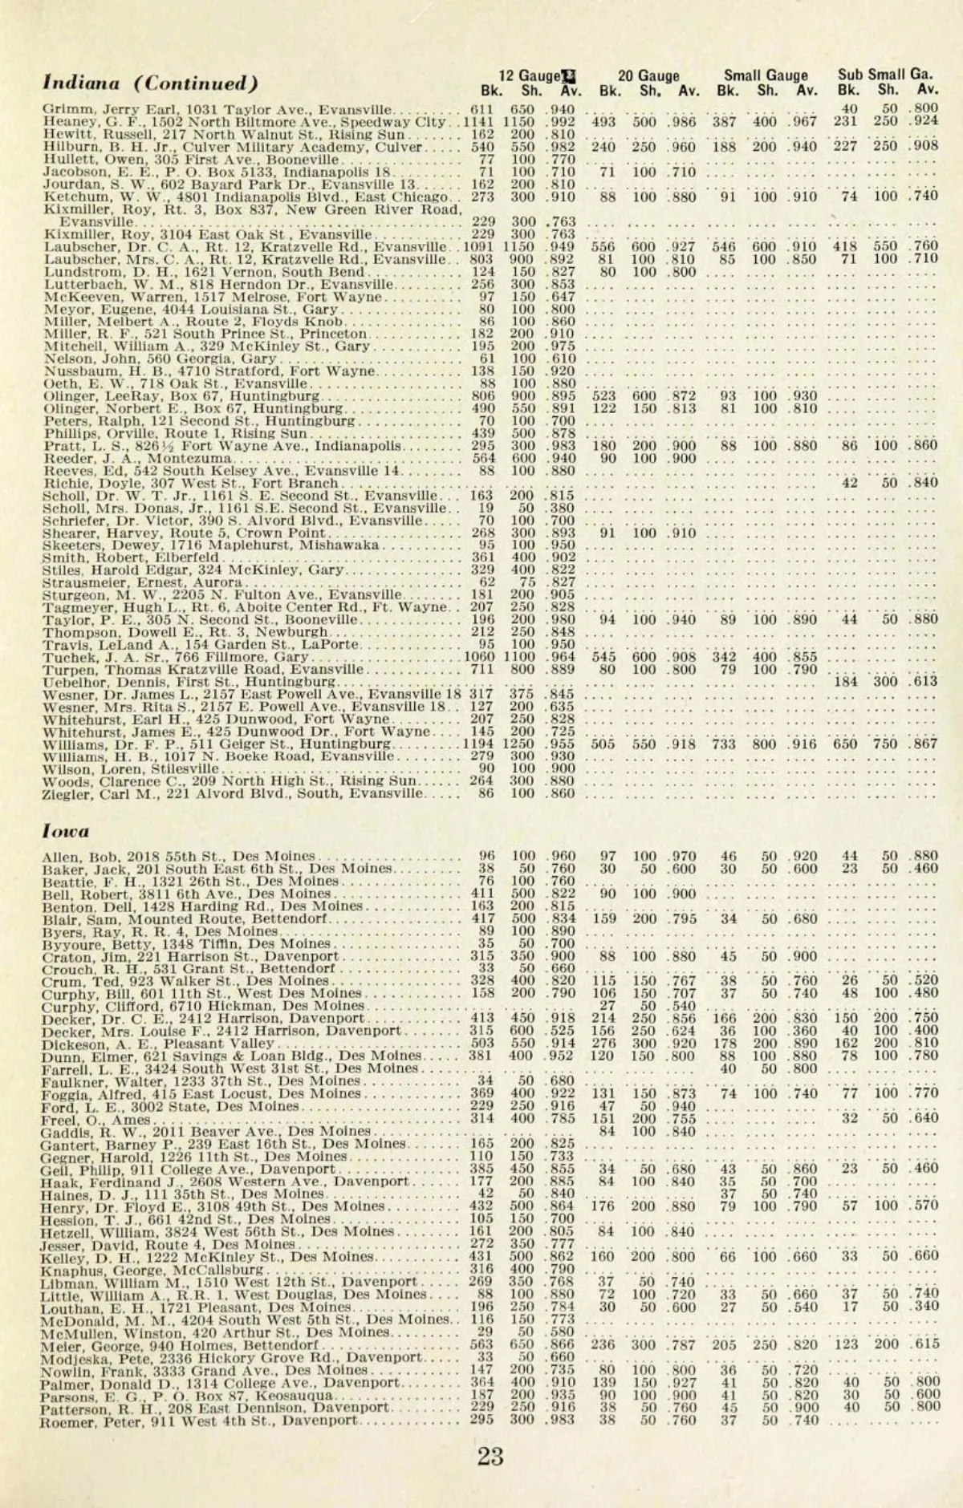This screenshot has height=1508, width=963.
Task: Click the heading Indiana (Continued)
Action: (x=151, y=83)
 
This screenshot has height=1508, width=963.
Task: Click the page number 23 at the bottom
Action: (x=490, y=1455)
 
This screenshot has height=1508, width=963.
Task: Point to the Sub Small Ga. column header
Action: (x=886, y=76)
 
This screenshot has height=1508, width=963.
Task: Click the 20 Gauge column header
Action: (x=648, y=76)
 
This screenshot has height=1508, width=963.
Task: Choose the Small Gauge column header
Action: (x=766, y=76)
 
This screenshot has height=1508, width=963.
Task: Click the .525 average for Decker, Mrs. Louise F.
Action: (x=562, y=1031)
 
